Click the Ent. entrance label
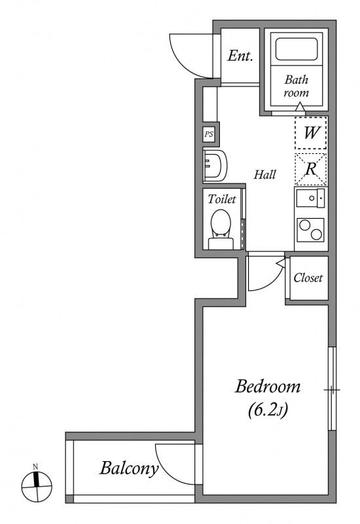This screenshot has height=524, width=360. pos(240,56)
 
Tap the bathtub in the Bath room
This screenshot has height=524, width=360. pos(297,49)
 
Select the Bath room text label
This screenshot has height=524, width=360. pos(297,86)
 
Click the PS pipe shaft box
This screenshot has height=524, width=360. pos(209,134)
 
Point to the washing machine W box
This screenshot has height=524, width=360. pos(311,133)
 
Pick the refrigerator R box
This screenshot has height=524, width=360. pos(311,169)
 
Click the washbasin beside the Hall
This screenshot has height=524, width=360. pos(215,166)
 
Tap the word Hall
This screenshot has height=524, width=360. pos(265,174)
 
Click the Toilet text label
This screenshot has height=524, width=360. pos(222,199)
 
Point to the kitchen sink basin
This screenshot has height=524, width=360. pos(310,198)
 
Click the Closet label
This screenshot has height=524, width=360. pos(308,278)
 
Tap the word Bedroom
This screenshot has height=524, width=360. pos(268,386)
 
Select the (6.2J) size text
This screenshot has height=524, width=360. pos(268,410)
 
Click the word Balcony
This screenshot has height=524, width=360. pos(129,468)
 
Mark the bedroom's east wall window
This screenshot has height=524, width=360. pos(332,388)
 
